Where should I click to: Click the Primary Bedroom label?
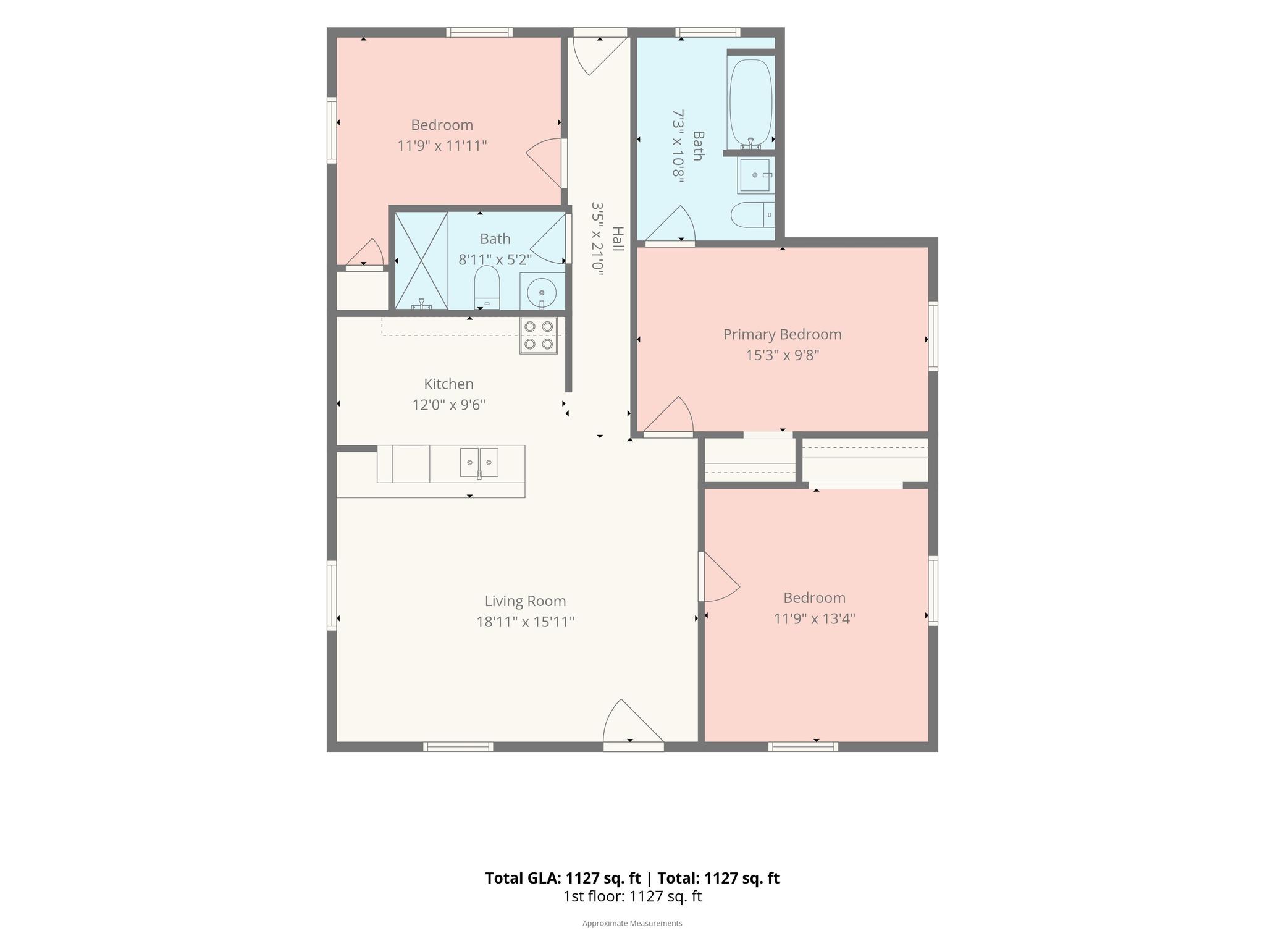tap(782, 334)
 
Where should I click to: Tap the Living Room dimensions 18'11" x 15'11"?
tap(525, 622)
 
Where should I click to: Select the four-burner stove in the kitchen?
tap(539, 335)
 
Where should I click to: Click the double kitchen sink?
tap(479, 463)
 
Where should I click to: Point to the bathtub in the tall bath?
tap(750, 103)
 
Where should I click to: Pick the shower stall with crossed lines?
tap(421, 261)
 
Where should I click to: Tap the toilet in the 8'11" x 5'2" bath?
tap(487, 287)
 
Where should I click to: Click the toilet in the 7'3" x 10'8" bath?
tap(752, 215)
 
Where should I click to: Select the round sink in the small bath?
tap(542, 292)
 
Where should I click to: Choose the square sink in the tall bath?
tap(755, 175)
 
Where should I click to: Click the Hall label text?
tap(618, 238)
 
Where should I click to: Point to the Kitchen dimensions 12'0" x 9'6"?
tap(449, 405)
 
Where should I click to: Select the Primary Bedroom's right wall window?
tap(933, 336)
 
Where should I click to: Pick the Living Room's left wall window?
tap(332, 596)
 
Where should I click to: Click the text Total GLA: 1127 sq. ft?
tap(563, 878)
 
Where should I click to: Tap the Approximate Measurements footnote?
tap(632, 923)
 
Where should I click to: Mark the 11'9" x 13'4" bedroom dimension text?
tap(814, 618)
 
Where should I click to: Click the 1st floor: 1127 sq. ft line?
tap(632, 896)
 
